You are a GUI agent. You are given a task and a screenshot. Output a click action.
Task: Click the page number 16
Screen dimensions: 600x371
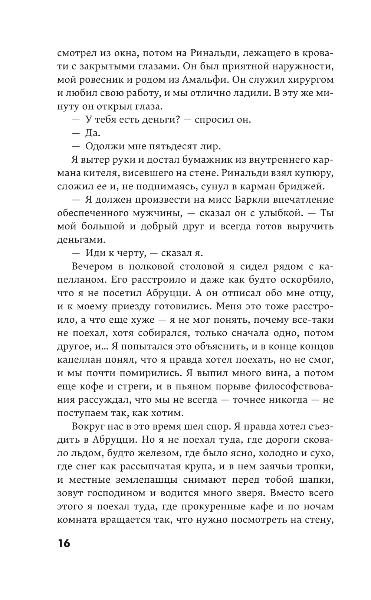(x=63, y=544)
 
